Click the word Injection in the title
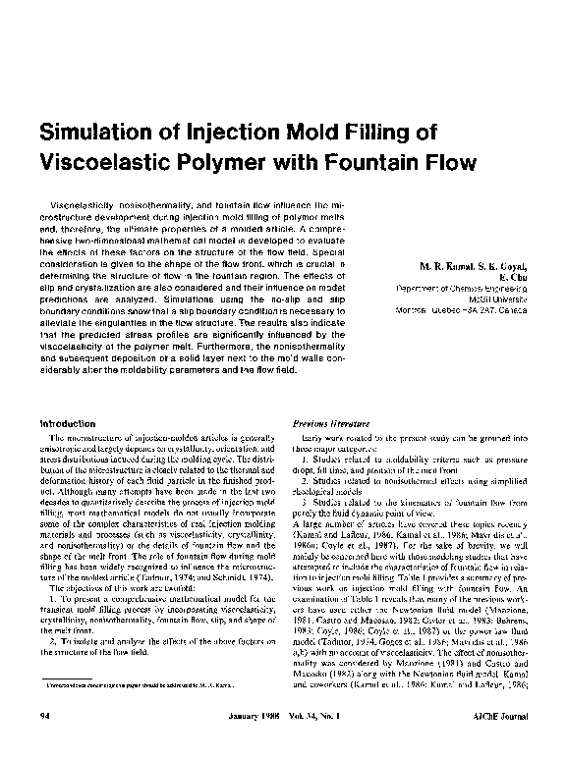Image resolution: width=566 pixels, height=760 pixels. (233, 134)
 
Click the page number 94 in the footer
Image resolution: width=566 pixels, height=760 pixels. (44, 745)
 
